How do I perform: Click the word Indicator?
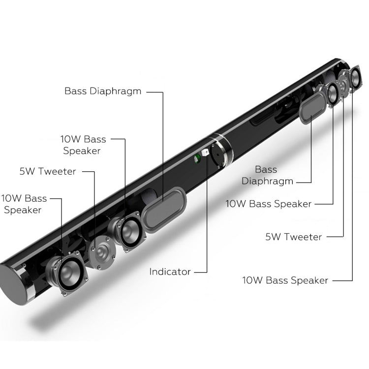tap(170, 271)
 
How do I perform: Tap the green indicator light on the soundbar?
tap(197, 157)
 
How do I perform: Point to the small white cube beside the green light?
tap(205, 153)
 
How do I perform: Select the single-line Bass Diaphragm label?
tap(102, 91)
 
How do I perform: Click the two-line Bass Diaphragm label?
tap(266, 175)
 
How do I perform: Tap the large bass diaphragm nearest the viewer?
tap(165, 211)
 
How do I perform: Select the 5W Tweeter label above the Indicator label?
tap(48, 171)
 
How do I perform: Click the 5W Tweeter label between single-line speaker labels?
tap(293, 237)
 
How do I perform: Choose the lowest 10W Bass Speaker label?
tap(285, 280)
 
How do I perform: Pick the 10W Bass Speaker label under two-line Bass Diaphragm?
tap(268, 203)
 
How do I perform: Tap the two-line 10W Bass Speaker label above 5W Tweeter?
tap(83, 145)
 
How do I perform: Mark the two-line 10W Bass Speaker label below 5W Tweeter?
tap(24, 204)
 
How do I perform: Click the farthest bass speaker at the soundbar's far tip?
tap(355, 78)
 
